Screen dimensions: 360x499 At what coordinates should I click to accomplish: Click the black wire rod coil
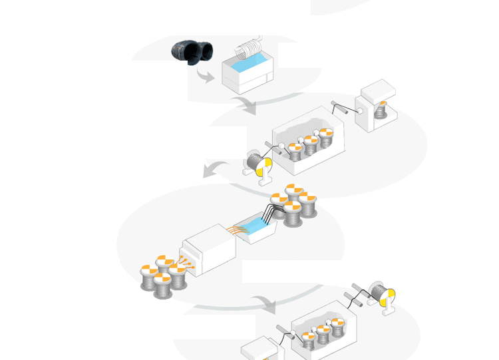192,52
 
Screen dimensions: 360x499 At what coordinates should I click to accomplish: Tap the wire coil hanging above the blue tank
250,49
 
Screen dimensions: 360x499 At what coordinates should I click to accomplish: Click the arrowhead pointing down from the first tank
249,107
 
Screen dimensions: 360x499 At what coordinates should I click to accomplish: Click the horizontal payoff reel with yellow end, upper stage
259,162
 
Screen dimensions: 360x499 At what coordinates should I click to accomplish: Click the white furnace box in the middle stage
208,250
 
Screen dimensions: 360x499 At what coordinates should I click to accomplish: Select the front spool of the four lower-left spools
162,285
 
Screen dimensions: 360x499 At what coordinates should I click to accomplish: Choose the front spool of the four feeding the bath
293,214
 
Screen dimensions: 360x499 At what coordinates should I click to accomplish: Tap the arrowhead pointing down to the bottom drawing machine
269,307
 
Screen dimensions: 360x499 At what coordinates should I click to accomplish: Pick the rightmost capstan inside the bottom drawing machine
337,329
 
